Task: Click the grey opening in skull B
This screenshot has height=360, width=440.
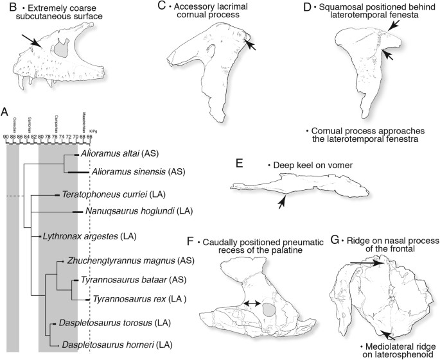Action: pos(62,48)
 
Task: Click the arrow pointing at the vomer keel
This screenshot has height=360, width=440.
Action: pos(281,203)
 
